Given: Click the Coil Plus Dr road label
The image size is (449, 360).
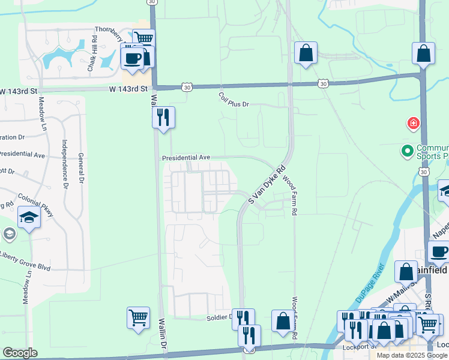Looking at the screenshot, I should [x=234, y=100].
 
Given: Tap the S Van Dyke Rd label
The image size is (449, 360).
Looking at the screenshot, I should [x=264, y=185].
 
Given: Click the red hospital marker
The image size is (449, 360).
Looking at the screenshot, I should [x=413, y=124].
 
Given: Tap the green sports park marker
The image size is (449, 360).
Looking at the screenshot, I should [x=407, y=150].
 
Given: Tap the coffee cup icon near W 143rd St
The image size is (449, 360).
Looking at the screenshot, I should [x=133, y=58].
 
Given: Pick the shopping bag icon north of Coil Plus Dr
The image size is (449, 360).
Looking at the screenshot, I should [x=306, y=52].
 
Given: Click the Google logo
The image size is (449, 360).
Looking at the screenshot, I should [x=19, y=353].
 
